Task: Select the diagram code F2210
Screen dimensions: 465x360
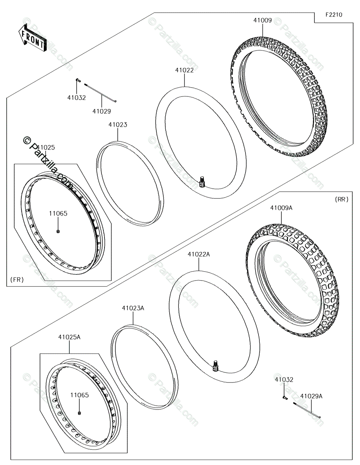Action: coord(333,15)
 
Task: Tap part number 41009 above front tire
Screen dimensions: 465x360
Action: coord(262,21)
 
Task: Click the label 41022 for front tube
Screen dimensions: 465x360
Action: coord(184,70)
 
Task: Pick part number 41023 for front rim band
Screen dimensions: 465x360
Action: coord(118,125)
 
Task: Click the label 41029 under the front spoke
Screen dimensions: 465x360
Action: coord(101,111)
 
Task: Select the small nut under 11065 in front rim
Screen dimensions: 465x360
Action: coord(58,231)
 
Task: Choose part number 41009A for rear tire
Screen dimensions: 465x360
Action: coord(281,208)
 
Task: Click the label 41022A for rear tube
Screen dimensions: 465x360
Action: coord(199,254)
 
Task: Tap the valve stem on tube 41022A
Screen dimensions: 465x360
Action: coord(216,365)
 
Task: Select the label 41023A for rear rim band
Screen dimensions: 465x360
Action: coord(133,308)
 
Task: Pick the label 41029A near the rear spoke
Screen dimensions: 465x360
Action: coord(311,396)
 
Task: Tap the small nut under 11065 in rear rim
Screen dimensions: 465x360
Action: coord(79,413)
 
